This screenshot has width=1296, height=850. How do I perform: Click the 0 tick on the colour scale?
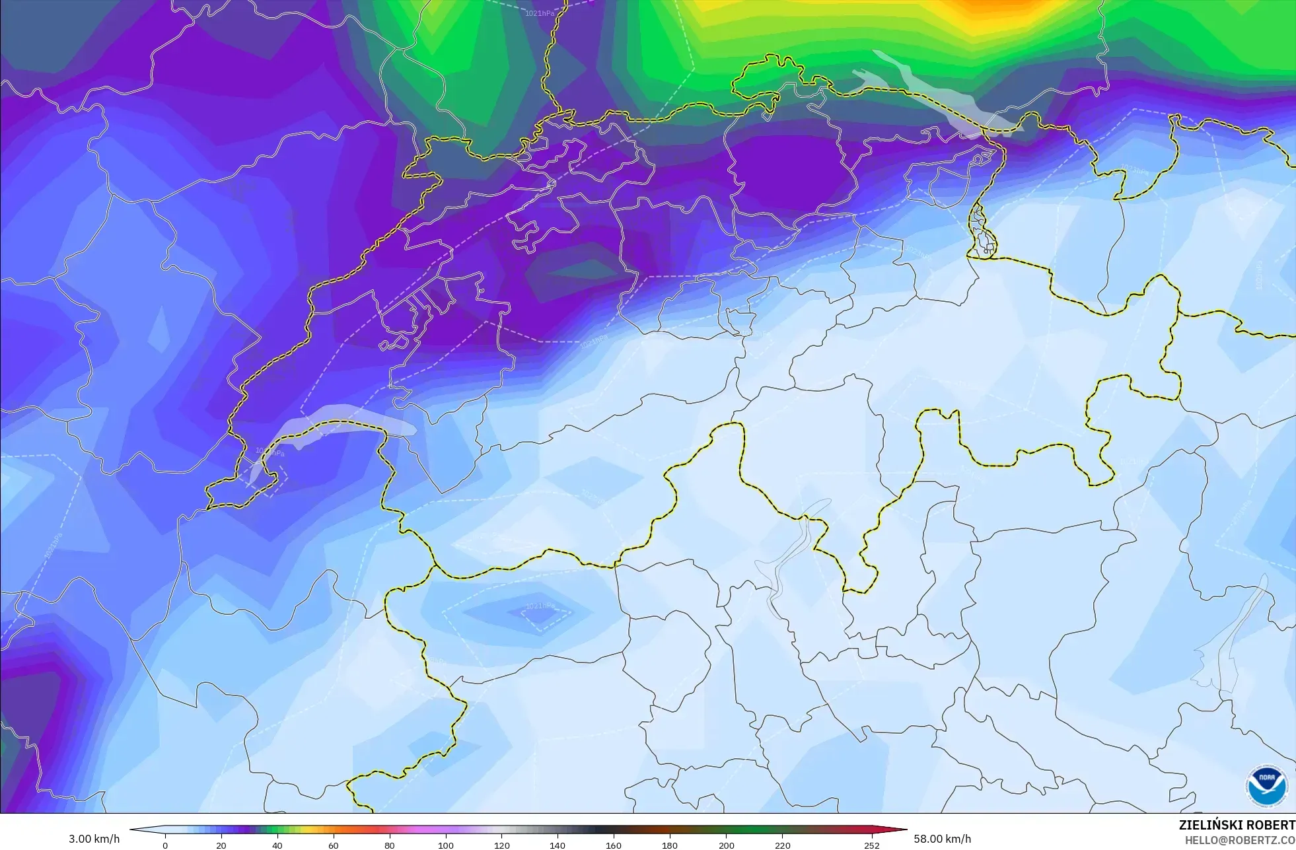click(165, 845)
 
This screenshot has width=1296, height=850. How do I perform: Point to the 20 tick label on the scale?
click(221, 845)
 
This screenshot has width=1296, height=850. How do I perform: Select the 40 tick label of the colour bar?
click(277, 845)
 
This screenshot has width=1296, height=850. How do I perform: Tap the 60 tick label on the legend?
click(334, 845)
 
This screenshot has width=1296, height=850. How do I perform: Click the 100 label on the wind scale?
click(446, 845)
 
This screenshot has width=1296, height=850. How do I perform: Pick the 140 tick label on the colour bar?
click(558, 845)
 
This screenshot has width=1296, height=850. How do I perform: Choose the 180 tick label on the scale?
click(670, 845)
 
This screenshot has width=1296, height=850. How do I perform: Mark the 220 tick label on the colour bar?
click(782, 845)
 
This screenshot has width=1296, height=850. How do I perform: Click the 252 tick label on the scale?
click(872, 845)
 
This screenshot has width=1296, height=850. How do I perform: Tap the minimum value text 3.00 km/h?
click(94, 839)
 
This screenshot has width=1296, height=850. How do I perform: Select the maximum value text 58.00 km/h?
click(943, 839)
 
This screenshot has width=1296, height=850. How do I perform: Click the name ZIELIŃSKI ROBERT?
click(1237, 825)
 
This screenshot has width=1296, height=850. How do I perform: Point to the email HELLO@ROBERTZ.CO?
click(1240, 840)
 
